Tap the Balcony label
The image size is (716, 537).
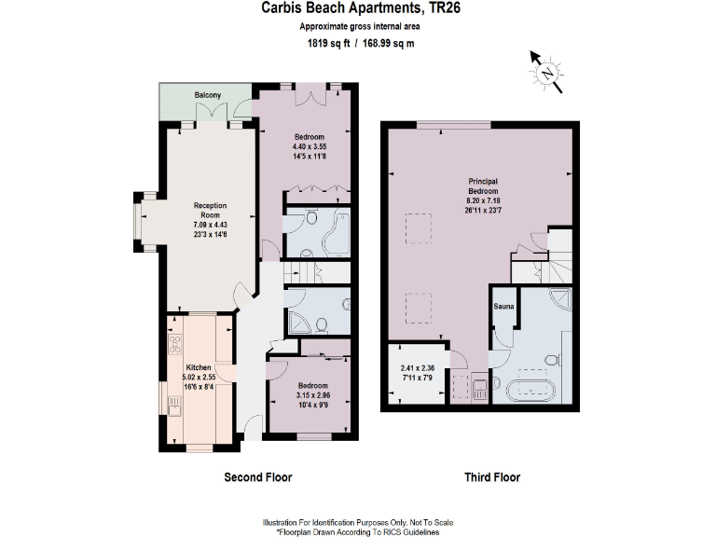(207, 95)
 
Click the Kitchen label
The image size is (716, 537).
(198, 367)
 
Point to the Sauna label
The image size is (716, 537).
(503, 305)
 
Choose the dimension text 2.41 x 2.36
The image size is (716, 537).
(417, 368)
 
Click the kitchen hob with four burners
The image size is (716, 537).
(174, 346)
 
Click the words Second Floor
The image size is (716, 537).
(258, 477)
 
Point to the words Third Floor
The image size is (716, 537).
(492, 477)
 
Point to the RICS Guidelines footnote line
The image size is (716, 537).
(358, 531)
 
